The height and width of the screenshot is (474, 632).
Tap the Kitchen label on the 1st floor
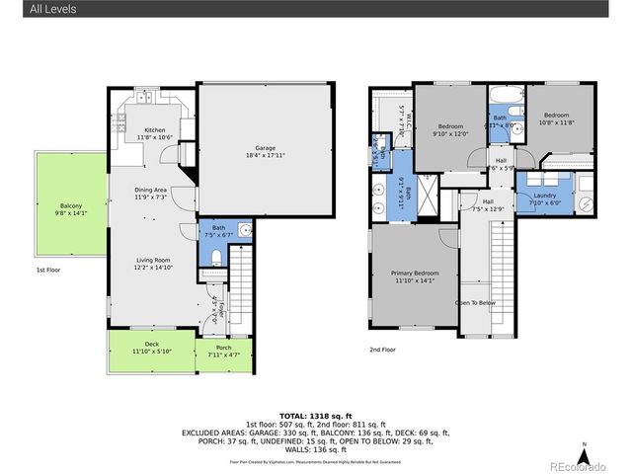click(x=155, y=130)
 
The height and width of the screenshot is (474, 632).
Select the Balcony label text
click(x=68, y=205)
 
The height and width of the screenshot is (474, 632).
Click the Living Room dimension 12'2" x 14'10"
click(x=153, y=267)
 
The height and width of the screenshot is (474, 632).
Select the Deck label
click(x=152, y=345)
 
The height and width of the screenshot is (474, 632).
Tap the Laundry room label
click(x=545, y=196)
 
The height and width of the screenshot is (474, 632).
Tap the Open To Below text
click(x=474, y=302)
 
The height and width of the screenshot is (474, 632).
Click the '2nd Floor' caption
click(x=382, y=350)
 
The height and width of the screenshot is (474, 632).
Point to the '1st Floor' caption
click(x=49, y=269)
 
